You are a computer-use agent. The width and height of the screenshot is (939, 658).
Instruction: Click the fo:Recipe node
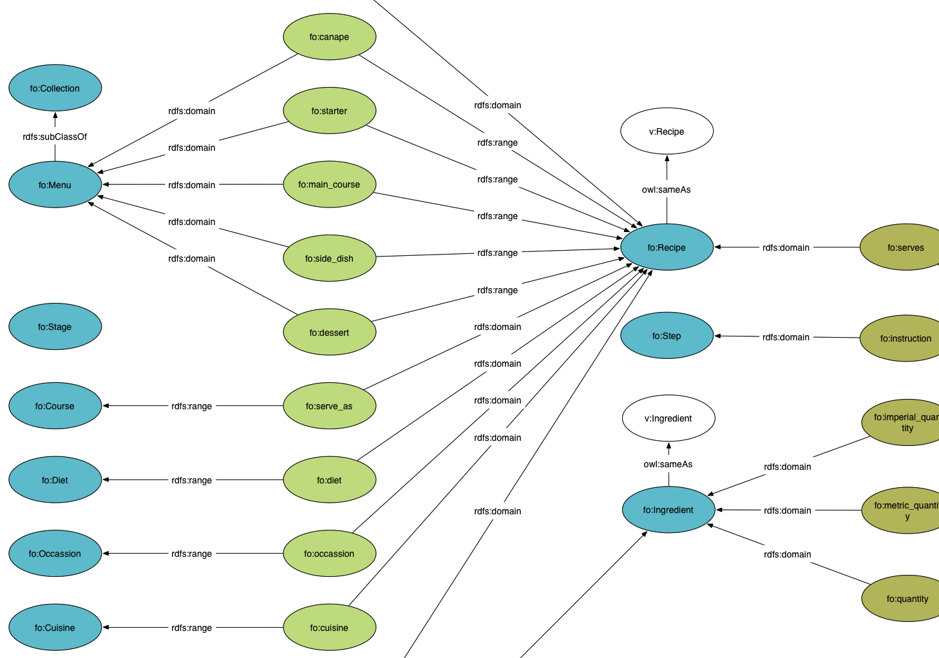point(667,247)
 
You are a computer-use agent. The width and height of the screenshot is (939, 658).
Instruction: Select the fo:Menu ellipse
point(55,185)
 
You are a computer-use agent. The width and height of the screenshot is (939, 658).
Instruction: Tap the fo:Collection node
point(55,88)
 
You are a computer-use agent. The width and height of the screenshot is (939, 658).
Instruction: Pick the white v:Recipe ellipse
point(667,131)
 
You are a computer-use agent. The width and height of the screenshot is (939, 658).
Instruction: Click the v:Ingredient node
point(668,418)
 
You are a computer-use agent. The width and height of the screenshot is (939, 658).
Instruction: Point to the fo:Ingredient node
point(668,510)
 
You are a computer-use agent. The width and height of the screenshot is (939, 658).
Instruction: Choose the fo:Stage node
point(55,327)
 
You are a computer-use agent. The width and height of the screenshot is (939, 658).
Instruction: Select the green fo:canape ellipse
point(329,37)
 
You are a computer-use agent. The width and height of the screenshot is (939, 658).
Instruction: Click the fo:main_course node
point(329,184)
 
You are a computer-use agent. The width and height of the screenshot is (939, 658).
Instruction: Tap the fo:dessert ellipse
point(329,333)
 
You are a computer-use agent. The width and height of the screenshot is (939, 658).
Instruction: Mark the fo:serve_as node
point(329,406)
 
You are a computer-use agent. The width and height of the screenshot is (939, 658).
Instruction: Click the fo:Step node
point(667,336)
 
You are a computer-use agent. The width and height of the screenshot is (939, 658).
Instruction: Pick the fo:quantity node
point(907,599)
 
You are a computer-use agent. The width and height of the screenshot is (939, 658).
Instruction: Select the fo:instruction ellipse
point(905,338)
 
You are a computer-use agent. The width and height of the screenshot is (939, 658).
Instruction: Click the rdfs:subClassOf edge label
point(55,137)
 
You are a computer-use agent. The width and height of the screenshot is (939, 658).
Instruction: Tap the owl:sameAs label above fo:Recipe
point(667,189)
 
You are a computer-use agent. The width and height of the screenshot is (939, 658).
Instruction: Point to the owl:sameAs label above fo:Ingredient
point(668,464)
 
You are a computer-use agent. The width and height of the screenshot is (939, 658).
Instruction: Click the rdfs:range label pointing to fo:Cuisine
point(191,628)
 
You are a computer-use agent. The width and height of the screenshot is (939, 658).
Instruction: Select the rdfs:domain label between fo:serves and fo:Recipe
point(786,247)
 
